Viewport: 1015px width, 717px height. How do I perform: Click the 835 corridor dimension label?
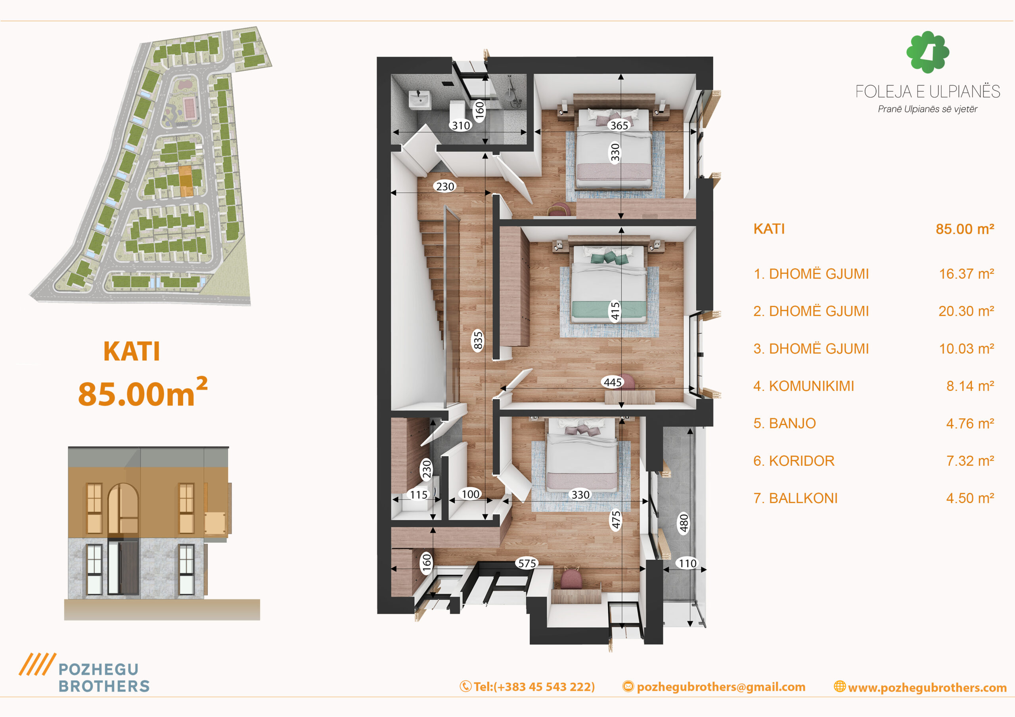click(478, 340)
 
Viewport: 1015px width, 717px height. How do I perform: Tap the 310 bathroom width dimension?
click(461, 126)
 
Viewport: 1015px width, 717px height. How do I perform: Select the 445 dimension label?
click(613, 382)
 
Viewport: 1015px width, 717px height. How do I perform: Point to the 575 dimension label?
click(527, 563)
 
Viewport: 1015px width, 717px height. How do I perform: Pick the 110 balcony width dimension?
click(688, 563)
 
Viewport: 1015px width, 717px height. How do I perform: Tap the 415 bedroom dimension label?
click(615, 311)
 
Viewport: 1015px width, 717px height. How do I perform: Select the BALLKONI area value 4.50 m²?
click(970, 498)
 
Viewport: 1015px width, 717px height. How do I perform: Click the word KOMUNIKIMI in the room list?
click(811, 386)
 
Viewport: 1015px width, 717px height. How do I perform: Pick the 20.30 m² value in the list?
click(966, 311)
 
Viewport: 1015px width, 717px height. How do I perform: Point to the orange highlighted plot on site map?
click(186, 181)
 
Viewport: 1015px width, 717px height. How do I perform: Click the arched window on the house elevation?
click(123, 508)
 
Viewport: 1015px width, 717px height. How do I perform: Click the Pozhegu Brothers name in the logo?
click(104, 678)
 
